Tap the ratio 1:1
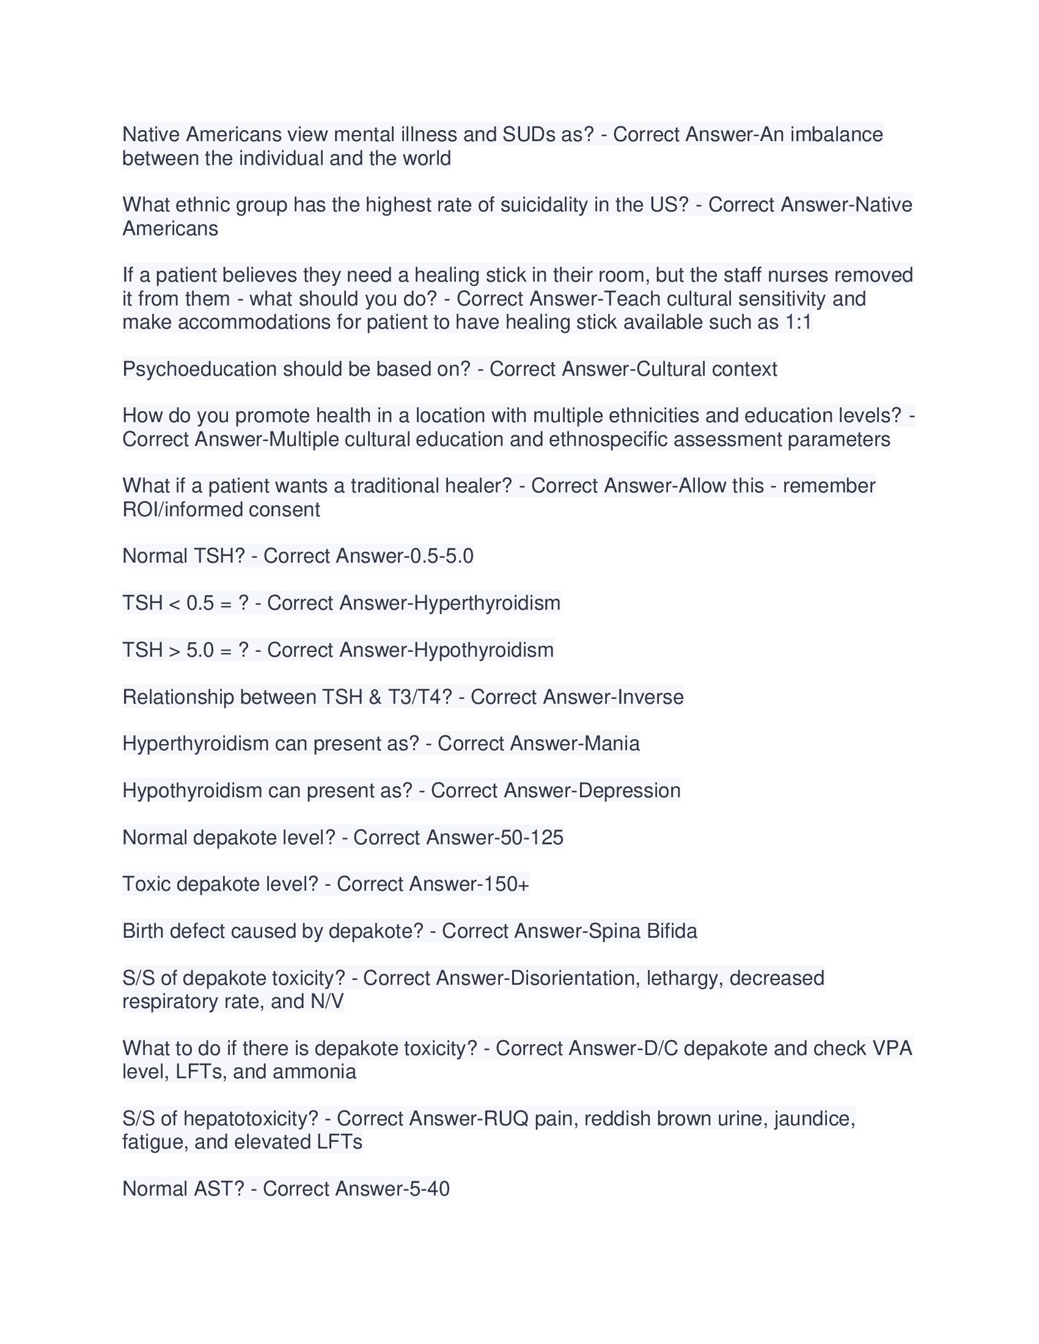point(798,322)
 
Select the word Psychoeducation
point(199,369)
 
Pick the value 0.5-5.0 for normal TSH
point(441,556)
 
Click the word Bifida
point(672,931)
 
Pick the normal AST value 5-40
point(427,1189)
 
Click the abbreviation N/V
point(327,1002)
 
